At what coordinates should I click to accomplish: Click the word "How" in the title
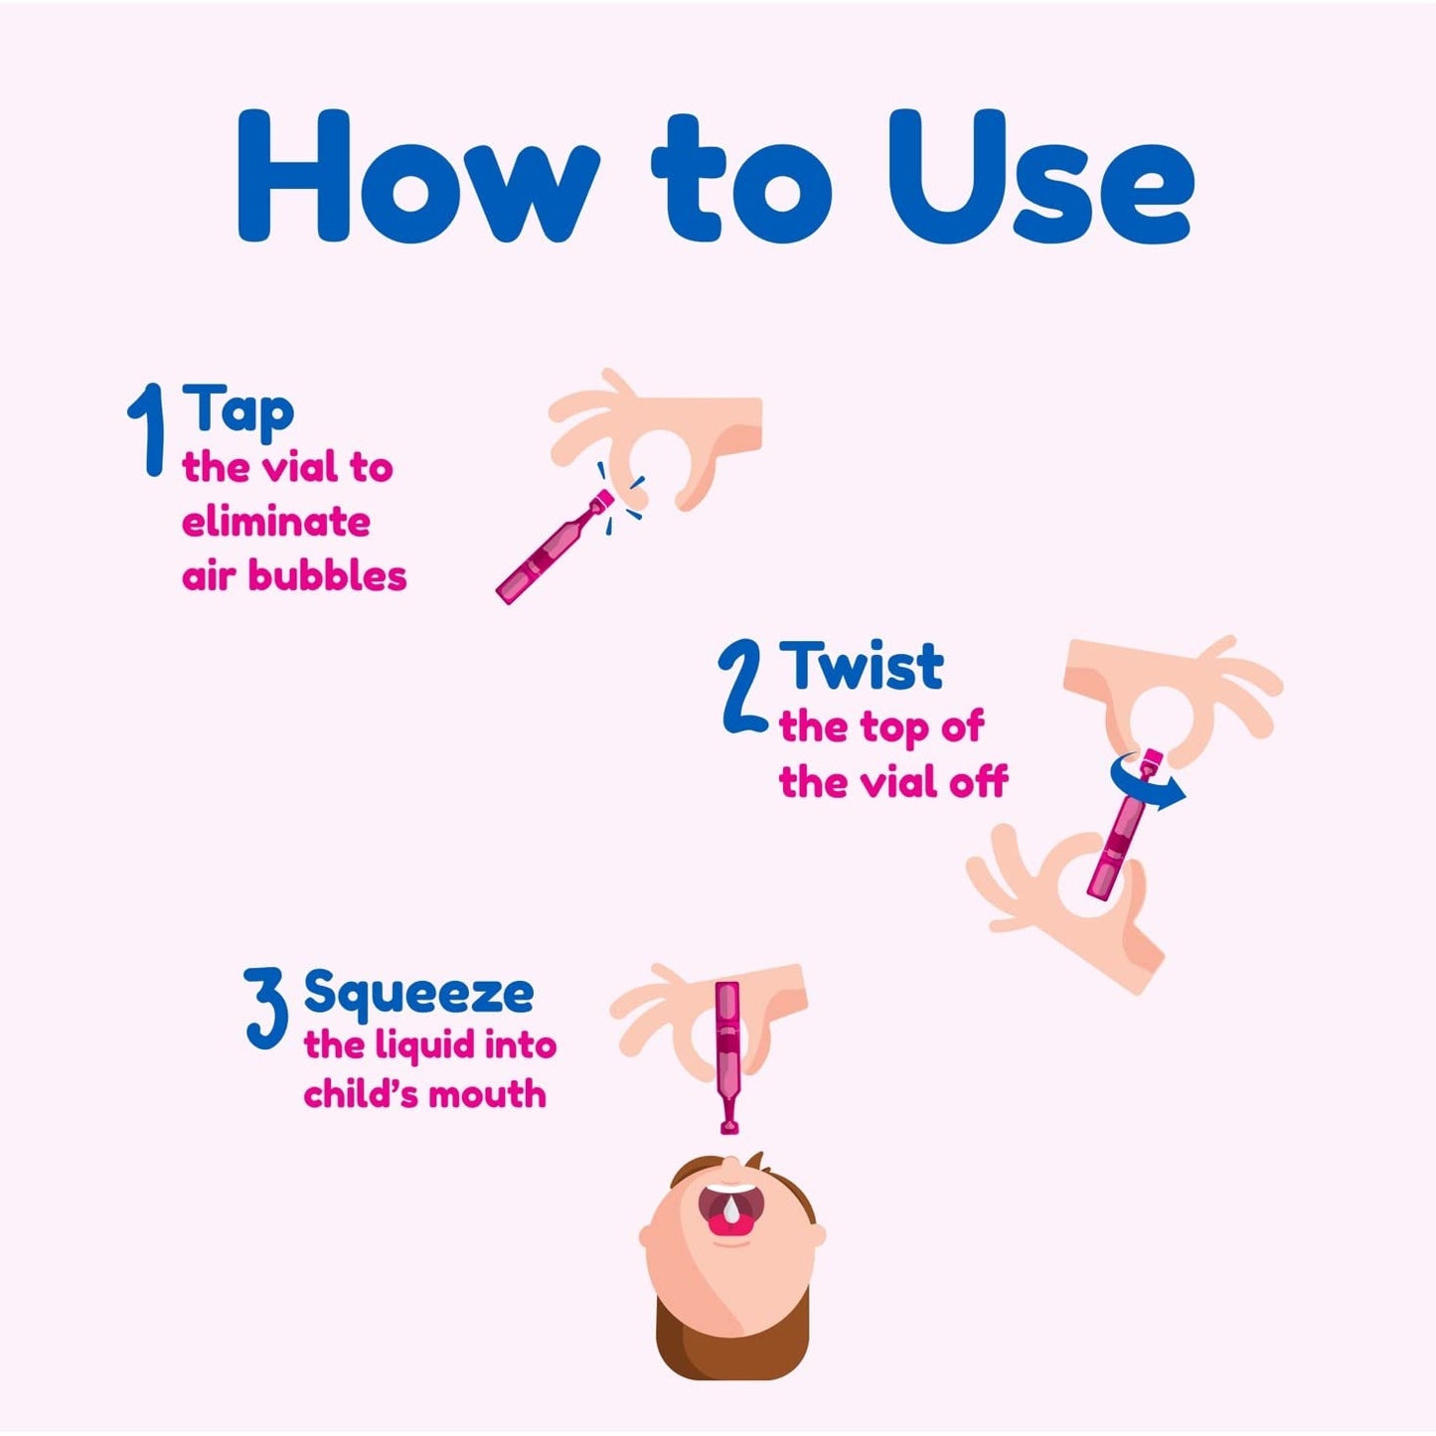pos(417,177)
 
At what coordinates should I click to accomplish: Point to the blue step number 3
pos(266,1009)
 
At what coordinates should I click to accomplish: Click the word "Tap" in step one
pos(239,409)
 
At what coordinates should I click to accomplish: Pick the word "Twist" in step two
pos(861,666)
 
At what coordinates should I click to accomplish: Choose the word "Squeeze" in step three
pos(418,992)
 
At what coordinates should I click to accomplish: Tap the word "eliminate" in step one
pos(276,522)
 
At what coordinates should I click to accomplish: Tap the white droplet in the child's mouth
pos(732,1209)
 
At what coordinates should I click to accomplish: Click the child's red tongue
pos(732,1226)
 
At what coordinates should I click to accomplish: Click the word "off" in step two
pos(978,782)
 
